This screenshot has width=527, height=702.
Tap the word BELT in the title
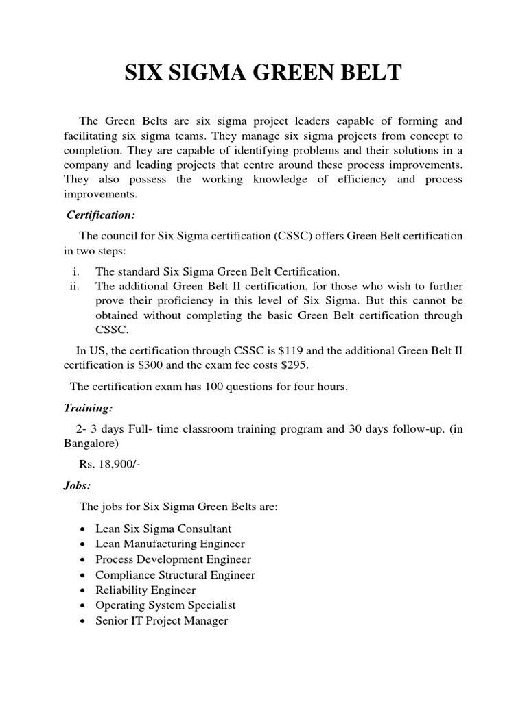coord(368,73)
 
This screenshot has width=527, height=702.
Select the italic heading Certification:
coord(101,215)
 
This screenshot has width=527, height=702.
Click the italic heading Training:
coord(88,408)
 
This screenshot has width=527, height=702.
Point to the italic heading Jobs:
coord(78,485)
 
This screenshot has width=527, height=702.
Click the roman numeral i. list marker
coord(77,271)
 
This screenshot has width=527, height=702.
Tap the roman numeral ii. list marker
coord(75,286)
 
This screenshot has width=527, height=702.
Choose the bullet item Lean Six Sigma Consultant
coord(163,529)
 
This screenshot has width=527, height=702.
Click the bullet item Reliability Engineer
coord(145,590)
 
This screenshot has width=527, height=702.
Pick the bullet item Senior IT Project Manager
coord(161,620)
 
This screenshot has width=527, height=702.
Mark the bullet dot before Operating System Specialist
coord(82,606)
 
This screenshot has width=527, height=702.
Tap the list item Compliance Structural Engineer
coord(175,574)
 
